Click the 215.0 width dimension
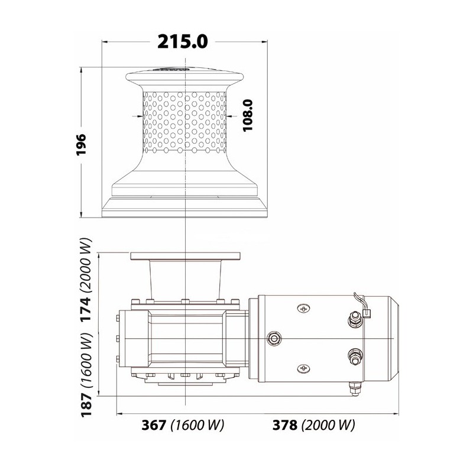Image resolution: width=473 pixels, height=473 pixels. tap(183, 42)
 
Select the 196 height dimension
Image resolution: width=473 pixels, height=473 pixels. tap(82, 144)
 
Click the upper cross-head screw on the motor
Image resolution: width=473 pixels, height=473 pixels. tap(304, 309)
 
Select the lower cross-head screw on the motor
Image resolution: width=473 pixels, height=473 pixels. tap(304, 368)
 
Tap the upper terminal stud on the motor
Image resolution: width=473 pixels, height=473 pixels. tap(356, 320)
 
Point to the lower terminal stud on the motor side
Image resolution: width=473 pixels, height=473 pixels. tap(356, 357)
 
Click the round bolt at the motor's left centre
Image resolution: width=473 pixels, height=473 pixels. tap(274, 338)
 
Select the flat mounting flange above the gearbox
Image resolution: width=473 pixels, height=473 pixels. tap(186, 255)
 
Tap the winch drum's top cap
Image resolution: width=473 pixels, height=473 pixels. tap(186, 73)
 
